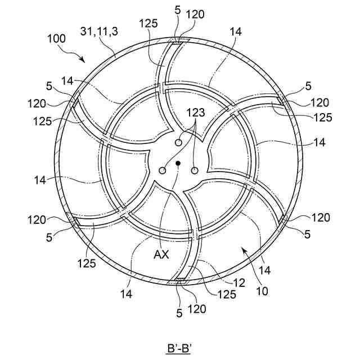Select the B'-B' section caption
click(x=180, y=348)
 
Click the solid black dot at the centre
click(x=178, y=163)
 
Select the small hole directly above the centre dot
click(x=178, y=143)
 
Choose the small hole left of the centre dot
click(x=163, y=170)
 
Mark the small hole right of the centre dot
click(x=195, y=170)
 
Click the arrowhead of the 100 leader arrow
click(x=85, y=61)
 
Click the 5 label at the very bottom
click(x=179, y=314)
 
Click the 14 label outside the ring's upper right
click(x=235, y=32)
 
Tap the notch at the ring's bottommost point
click(x=180, y=280)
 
